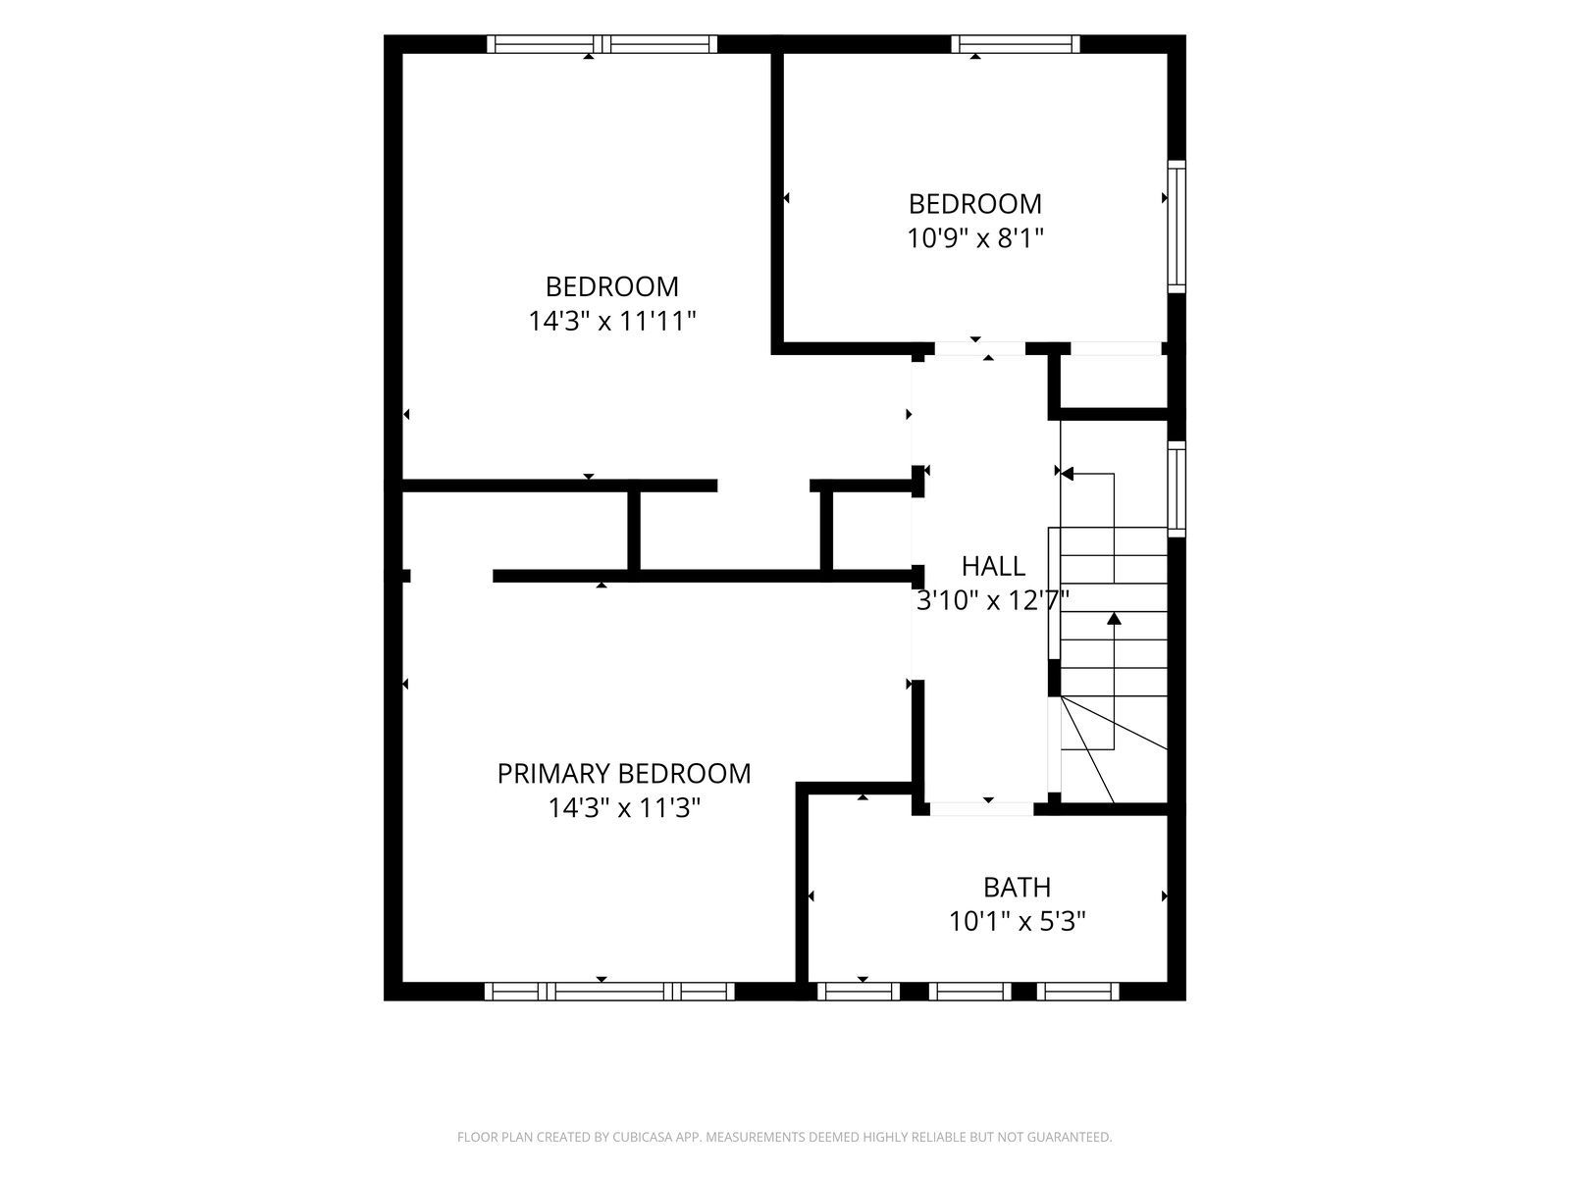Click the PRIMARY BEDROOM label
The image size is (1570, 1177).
624,773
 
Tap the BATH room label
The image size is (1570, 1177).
1017,887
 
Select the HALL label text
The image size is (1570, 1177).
993,566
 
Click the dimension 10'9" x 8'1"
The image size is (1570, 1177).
975,238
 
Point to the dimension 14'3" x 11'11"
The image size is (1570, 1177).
611,321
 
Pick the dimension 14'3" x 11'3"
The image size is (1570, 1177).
624,807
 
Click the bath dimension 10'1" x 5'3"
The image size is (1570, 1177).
1017,921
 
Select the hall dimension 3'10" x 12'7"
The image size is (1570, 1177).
993,600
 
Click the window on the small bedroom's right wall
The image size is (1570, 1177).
1177,227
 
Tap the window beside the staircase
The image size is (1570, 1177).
1177,488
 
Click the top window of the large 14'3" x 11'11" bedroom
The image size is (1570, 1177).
602,43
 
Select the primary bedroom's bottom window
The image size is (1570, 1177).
609,992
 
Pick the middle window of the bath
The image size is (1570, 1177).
969,992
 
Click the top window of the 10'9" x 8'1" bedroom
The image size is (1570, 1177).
1015,43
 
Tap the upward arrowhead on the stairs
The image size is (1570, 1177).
1114,619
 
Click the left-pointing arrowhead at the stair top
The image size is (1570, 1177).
1068,473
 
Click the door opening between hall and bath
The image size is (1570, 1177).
981,809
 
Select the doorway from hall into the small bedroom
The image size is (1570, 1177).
980,349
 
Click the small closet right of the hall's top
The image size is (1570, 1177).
1113,382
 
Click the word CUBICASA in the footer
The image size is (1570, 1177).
643,1136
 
